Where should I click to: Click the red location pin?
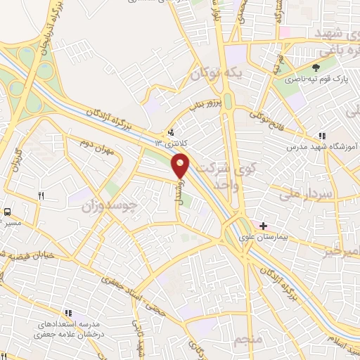pos(181,165)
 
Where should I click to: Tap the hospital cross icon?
pos(263,226)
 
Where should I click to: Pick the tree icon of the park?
pos(316,67)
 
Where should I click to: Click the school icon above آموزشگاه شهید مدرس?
pos(321,136)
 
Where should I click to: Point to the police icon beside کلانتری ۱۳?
pos(171,131)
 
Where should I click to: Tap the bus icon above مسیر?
pos(8,211)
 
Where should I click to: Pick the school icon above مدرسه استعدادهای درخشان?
pos(69,312)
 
